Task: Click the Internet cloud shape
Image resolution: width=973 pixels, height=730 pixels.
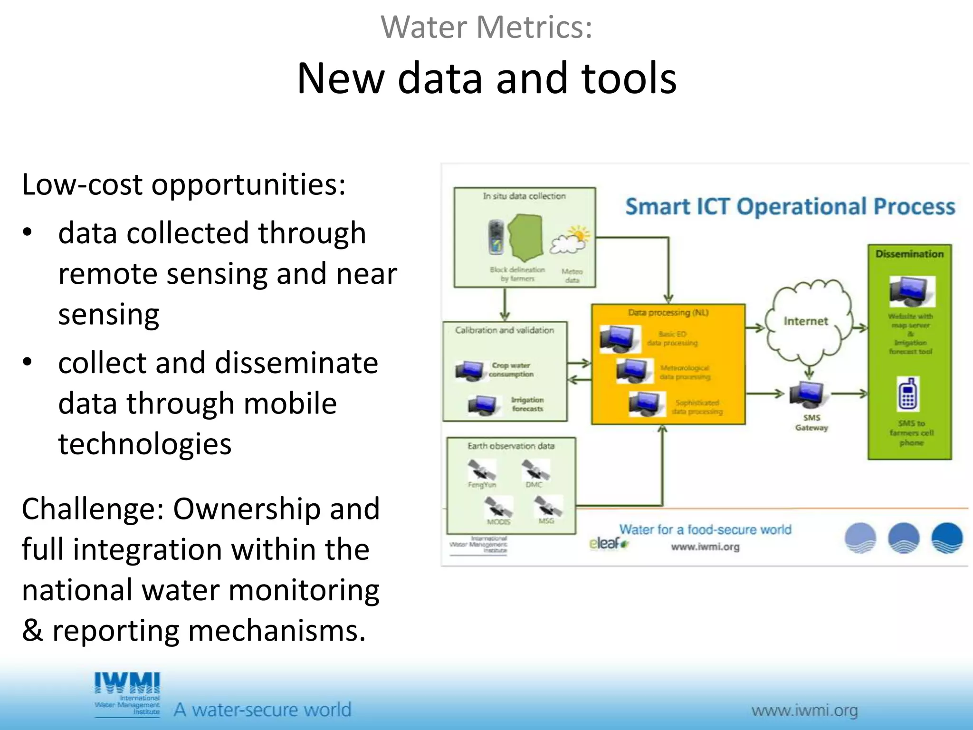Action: click(806, 321)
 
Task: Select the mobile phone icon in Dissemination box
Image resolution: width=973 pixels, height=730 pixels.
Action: click(908, 394)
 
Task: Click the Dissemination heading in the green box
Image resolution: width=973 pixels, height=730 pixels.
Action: click(909, 254)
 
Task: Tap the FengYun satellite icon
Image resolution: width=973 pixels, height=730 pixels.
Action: click(481, 470)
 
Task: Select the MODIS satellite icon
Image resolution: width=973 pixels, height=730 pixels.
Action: click(498, 507)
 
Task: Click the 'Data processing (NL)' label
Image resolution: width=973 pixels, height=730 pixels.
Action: click(668, 313)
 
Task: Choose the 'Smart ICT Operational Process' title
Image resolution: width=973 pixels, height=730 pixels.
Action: click(790, 207)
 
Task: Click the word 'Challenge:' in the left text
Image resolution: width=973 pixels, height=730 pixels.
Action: click(93, 509)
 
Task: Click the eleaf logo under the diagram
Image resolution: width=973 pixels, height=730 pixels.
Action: click(608, 543)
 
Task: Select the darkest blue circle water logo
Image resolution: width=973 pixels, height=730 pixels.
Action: click(947, 538)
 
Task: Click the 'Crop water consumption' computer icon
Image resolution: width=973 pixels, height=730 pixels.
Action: click(469, 371)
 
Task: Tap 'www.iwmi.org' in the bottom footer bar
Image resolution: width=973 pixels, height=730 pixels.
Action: click(804, 711)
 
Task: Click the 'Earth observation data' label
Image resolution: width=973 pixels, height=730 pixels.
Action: click(511, 446)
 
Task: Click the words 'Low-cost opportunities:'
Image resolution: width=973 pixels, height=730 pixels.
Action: click(183, 184)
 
